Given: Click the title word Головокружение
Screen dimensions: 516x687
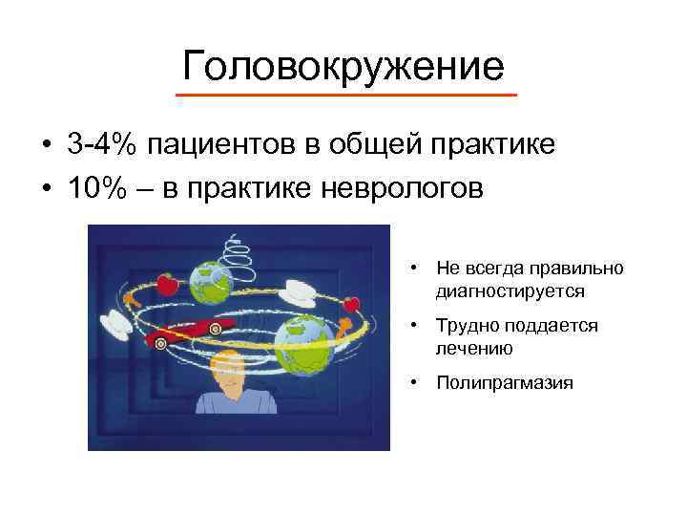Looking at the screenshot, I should point(343,66).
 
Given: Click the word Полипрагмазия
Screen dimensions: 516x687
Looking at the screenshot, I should point(505,383).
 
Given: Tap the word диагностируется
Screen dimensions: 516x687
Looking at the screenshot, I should point(511,290).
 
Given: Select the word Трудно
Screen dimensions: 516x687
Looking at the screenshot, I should point(465,326).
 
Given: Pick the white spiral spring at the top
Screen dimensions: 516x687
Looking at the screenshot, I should point(233,259).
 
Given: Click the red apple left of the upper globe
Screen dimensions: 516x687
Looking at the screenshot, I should point(166,283).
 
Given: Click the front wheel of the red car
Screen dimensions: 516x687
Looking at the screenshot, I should point(161,340).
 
